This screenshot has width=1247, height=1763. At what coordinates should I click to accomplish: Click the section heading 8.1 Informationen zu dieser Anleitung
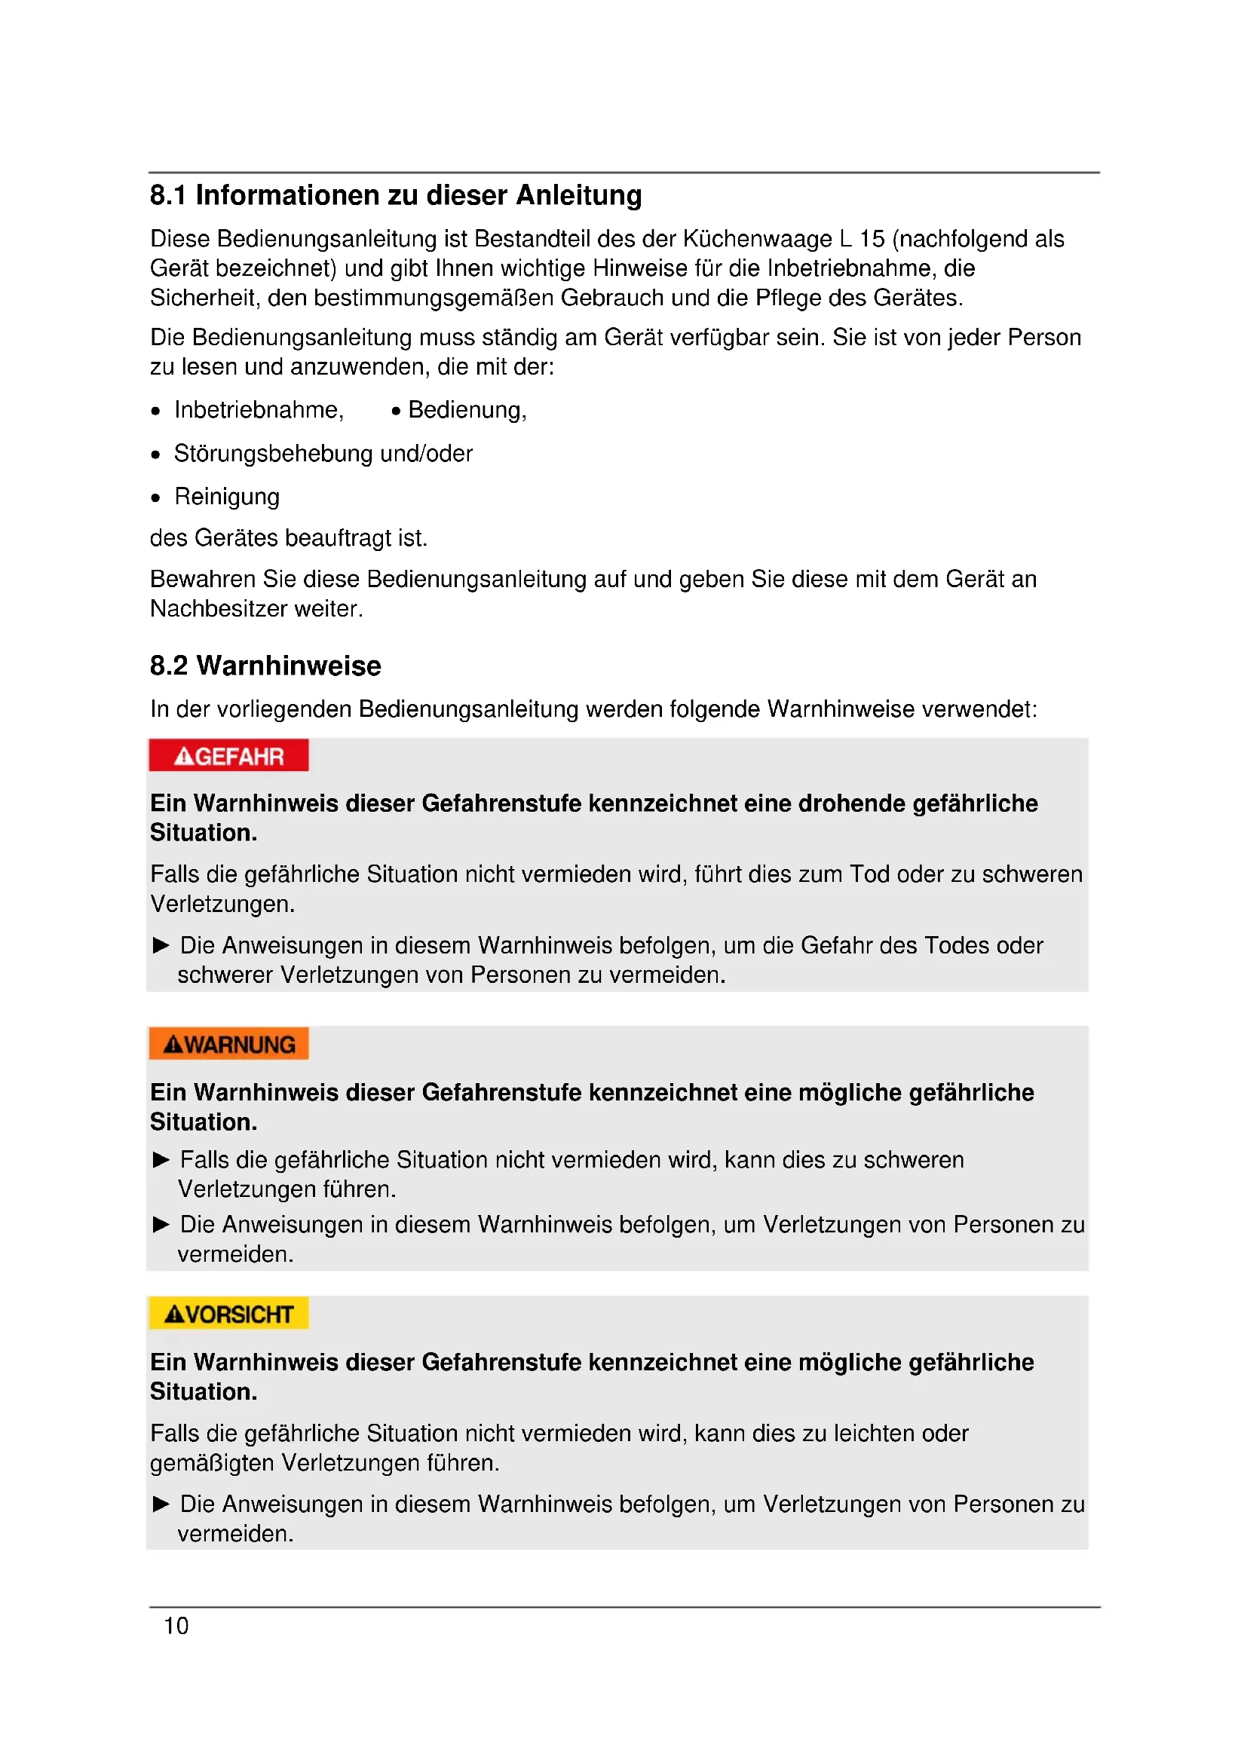coord(396,196)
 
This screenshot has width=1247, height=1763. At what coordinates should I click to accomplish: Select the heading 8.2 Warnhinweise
coord(265,666)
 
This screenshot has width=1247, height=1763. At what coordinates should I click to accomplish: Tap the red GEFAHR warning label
coord(229,756)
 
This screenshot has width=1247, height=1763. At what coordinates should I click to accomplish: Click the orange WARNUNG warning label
coord(229,1044)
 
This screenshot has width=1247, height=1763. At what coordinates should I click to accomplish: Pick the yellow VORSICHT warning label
coord(229,1315)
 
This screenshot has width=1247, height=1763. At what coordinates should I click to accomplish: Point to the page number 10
coord(176,1626)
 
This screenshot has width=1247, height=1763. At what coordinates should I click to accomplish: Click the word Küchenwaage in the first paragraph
coord(756,239)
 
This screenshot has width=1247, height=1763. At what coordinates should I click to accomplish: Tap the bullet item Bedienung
coord(467,410)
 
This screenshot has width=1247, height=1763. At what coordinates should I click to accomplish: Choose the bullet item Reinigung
coord(226,497)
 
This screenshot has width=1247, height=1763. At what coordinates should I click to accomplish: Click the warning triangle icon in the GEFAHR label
coord(184,757)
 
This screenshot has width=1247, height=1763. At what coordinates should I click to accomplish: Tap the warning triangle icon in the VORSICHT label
coord(174,1315)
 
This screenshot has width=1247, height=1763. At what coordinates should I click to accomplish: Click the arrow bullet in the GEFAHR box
coord(161,945)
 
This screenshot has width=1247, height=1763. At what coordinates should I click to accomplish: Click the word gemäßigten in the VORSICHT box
coord(212,1463)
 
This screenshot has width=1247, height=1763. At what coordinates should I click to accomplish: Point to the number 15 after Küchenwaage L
coord(872,239)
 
